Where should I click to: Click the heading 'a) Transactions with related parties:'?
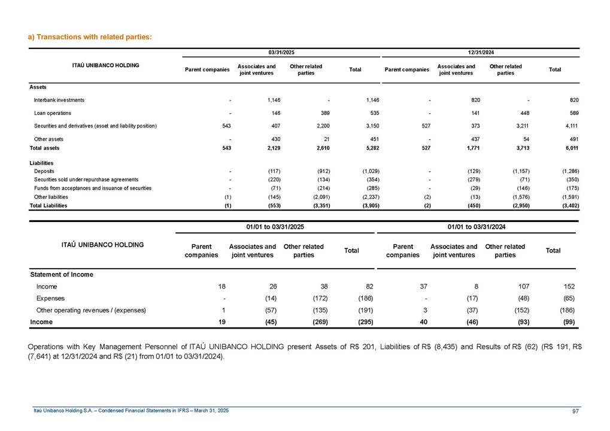pyautogui.click(x=90, y=37)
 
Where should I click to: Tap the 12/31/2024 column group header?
pyautogui.click(x=480, y=53)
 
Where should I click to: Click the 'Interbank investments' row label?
pyautogui.click(x=59, y=100)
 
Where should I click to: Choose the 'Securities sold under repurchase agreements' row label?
pyautogui.click(x=86, y=180)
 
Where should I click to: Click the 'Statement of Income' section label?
pyautogui.click(x=62, y=275)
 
